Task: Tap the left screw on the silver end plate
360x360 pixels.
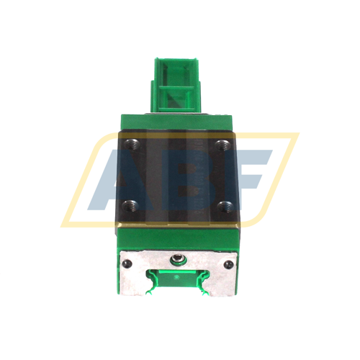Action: pos(129,266)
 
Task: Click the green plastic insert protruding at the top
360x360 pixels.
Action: pos(179,86)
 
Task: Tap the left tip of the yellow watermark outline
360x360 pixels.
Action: pos(63,223)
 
